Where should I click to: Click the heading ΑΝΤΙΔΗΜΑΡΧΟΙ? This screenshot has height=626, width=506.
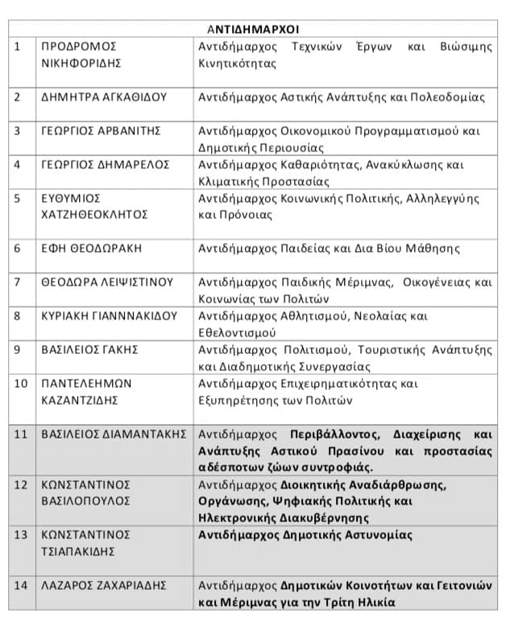tap(251, 29)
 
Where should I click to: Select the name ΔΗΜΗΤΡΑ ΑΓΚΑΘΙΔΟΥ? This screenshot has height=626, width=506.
tap(104, 97)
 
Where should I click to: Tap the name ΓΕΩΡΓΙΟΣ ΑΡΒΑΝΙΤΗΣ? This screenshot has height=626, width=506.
tap(101, 130)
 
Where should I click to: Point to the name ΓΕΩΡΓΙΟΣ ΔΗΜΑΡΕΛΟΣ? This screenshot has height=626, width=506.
tap(106, 164)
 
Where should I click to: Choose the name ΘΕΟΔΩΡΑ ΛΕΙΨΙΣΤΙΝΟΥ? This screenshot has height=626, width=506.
tap(107, 282)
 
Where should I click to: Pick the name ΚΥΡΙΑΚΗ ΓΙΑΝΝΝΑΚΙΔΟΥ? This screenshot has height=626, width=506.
tap(109, 315)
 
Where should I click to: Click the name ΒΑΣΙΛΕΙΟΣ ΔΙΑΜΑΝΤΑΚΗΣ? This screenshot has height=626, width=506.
tap(114, 434)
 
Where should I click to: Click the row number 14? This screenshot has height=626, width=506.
tap(21, 585)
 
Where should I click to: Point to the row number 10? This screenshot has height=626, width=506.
tap(21, 383)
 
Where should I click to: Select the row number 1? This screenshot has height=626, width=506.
tap(18, 46)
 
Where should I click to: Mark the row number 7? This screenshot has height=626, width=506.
tap(18, 282)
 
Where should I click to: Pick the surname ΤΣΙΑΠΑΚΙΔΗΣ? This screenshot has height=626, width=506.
tap(79, 551)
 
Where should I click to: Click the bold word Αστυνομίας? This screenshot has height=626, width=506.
tap(377, 534)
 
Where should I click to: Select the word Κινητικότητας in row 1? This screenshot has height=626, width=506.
tap(237, 63)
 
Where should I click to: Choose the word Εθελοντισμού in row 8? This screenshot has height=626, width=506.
tap(236, 332)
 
